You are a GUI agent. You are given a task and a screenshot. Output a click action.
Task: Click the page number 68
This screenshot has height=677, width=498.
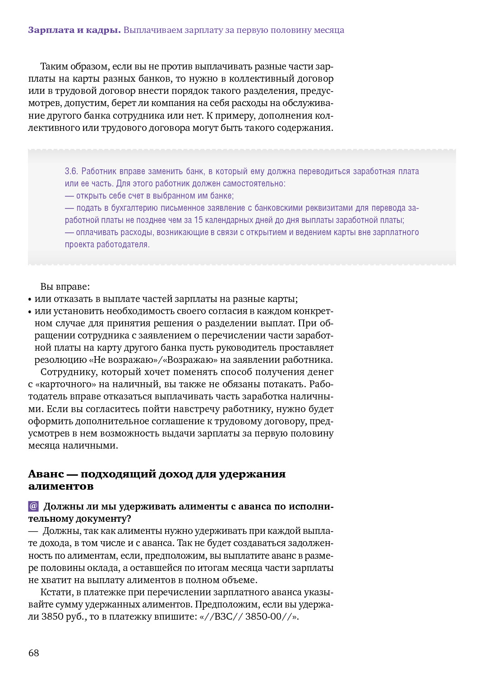pos(34,653)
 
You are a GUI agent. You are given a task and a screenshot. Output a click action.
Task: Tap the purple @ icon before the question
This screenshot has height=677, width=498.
pos(33,506)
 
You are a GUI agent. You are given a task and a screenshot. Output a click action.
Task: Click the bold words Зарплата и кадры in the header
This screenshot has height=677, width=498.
pos(74,30)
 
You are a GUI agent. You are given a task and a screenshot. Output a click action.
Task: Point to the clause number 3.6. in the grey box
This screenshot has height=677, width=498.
pos(71,172)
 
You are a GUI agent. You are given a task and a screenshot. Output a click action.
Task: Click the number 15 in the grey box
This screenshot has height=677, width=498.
pos(198,220)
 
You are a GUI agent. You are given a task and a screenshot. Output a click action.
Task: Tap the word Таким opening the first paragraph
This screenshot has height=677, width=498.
pos(54,67)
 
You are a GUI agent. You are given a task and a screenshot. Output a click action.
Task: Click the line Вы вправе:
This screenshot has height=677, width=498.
pos(65,287)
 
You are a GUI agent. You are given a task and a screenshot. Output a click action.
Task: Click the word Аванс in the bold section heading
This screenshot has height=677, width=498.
pos(46,474)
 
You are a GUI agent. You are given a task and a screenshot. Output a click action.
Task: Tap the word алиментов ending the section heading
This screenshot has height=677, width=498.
pos(61,487)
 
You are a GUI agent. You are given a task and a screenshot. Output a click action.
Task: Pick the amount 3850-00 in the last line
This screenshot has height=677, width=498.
pos(263,617)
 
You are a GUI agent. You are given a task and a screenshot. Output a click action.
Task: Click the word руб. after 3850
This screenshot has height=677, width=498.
pos(76,617)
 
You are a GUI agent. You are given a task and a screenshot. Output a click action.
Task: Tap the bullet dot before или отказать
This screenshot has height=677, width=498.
pos(30,299)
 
